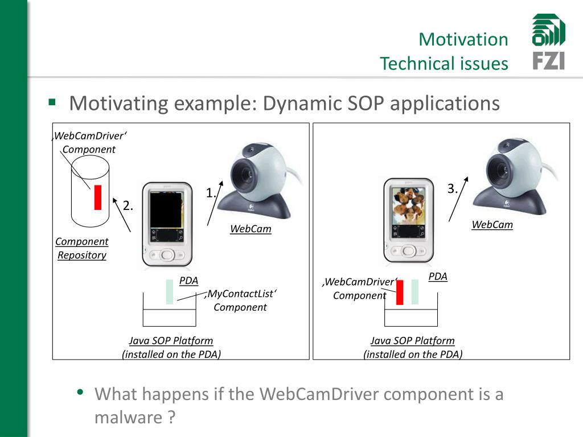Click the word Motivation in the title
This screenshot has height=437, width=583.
click(463, 39)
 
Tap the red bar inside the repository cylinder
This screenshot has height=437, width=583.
click(98, 197)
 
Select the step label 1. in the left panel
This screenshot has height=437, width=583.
click(211, 193)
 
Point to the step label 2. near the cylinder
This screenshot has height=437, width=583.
click(128, 206)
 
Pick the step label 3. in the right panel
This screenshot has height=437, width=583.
click(453, 189)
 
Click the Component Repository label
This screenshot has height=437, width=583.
click(82, 248)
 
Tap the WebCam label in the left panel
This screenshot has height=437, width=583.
click(251, 229)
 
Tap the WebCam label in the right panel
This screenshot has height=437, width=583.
click(492, 224)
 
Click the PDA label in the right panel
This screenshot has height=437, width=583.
click(438, 277)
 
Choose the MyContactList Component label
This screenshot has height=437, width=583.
click(240, 300)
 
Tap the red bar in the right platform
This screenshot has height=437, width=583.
click(400, 293)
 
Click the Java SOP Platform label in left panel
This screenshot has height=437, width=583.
click(171, 340)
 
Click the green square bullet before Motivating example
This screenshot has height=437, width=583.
click(52, 103)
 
